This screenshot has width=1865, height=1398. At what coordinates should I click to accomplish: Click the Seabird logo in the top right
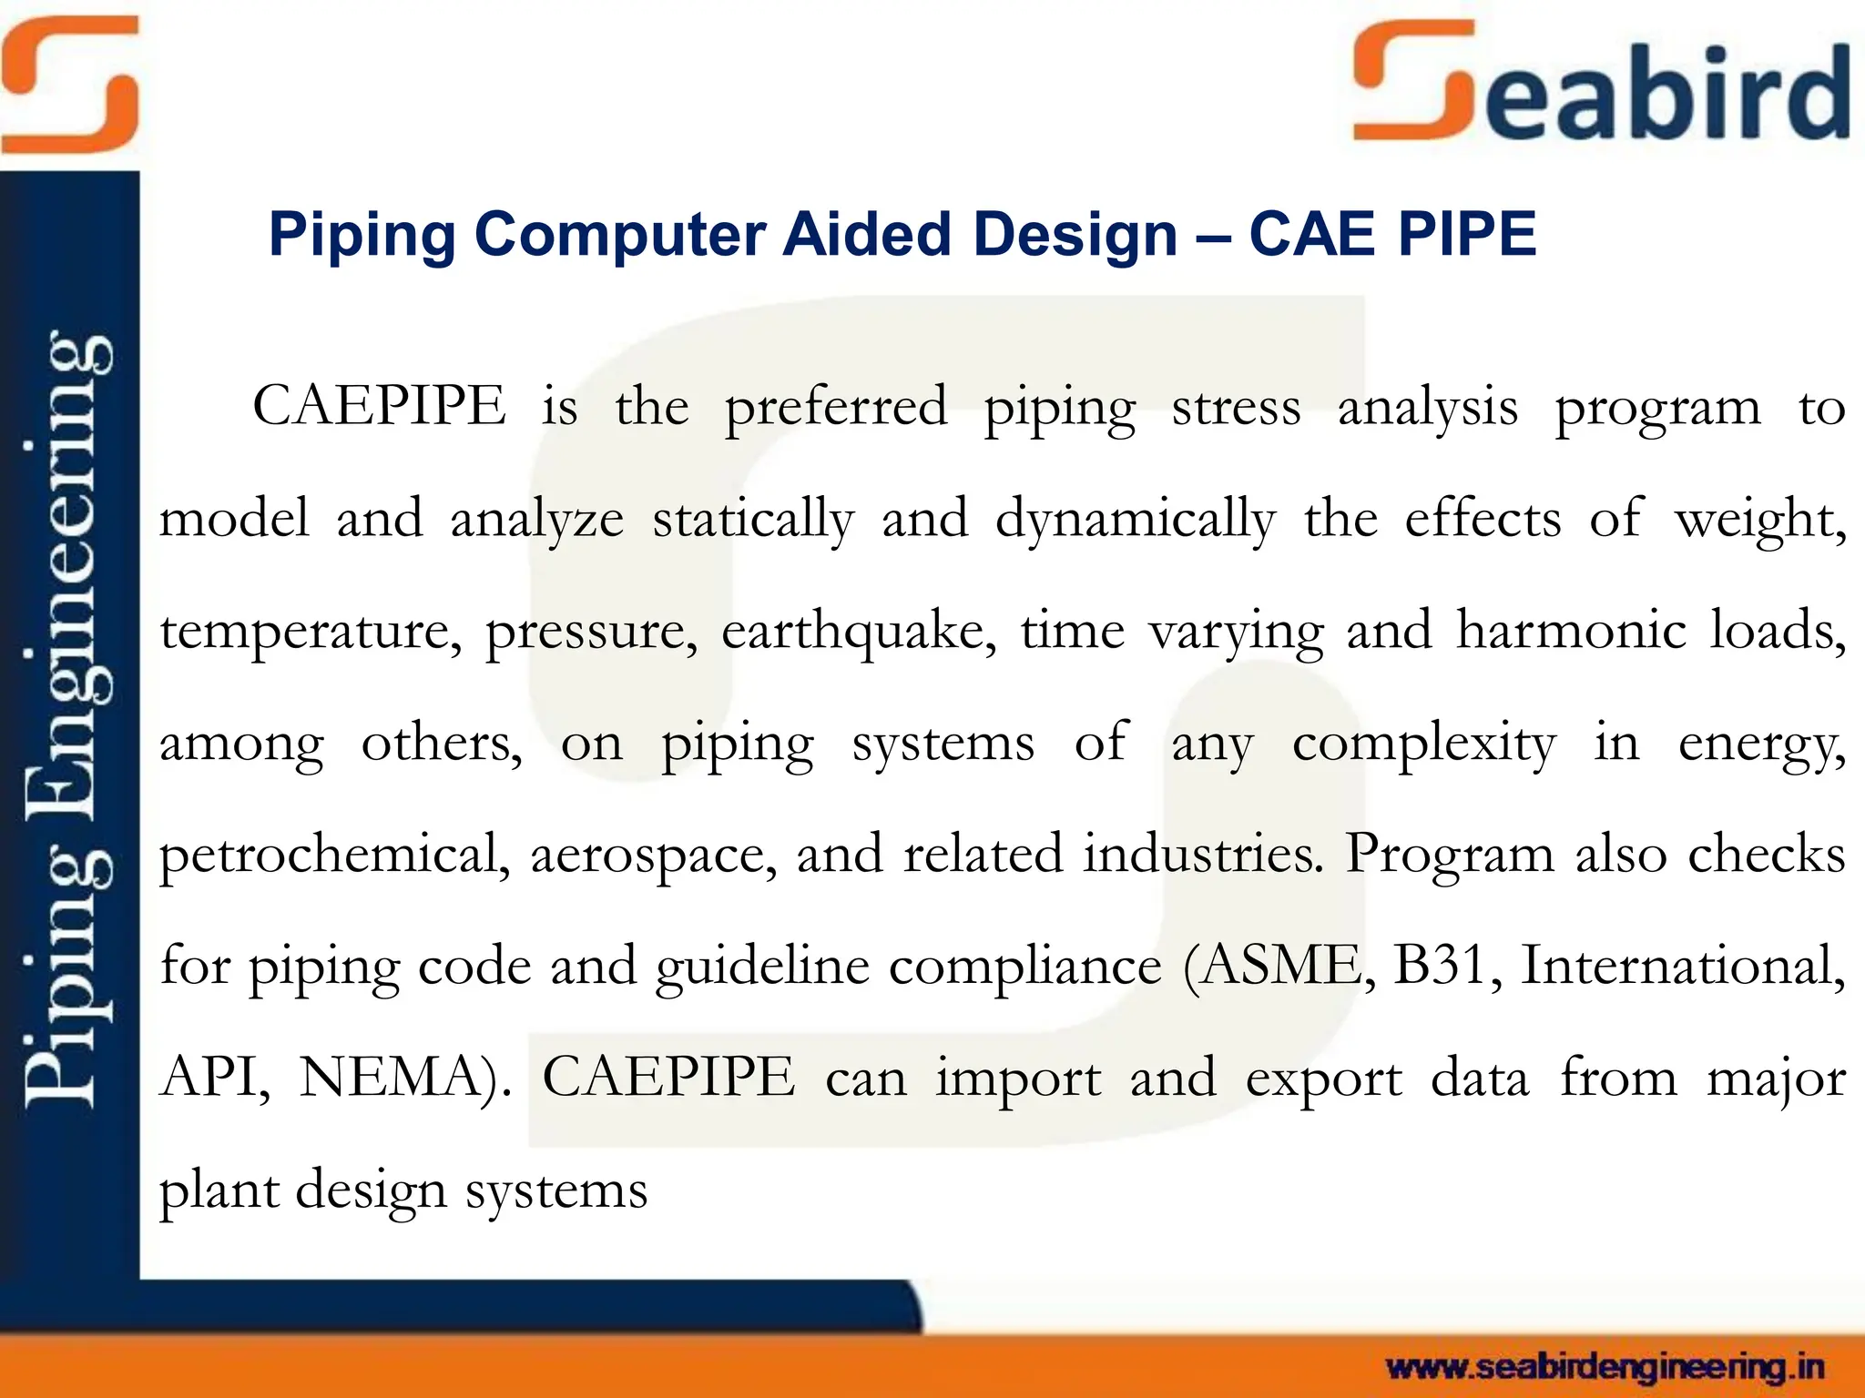coord(1601,84)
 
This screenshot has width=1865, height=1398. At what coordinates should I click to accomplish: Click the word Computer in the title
coord(619,235)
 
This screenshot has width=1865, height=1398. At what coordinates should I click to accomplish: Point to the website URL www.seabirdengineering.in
coord(1605,1367)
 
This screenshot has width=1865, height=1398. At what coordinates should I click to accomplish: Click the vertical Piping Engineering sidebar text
coord(69,719)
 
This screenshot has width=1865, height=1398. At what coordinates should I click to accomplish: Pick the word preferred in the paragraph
coord(835,408)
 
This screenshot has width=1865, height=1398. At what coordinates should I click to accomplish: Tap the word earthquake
coord(859,631)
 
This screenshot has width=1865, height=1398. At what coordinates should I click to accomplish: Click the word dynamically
coord(1135,520)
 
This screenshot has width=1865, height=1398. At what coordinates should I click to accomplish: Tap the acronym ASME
coord(1279,965)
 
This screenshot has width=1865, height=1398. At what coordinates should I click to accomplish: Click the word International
coord(1683,965)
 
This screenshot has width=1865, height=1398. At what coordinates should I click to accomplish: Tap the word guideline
coord(762,967)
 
